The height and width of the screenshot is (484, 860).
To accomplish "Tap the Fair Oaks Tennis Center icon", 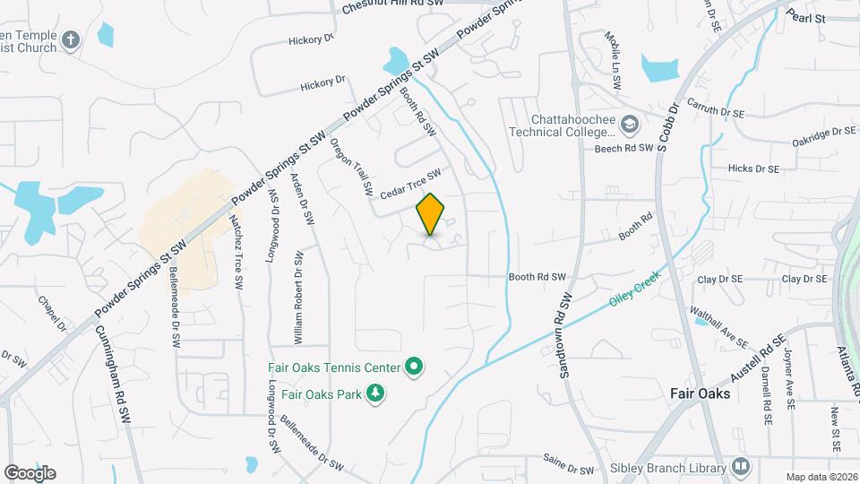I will (414, 367).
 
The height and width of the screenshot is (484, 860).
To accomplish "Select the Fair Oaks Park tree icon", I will (377, 393).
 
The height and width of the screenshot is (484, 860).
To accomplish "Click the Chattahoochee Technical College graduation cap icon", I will (630, 124).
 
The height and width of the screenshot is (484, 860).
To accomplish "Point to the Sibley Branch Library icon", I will (741, 466).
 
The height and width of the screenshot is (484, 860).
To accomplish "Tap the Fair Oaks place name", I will (701, 393).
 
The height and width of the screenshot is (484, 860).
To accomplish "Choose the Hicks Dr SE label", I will (753, 168).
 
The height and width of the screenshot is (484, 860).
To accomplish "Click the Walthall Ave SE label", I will (719, 327).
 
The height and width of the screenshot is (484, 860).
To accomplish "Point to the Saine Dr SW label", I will (569, 464).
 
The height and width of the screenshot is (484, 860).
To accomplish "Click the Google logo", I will (30, 472).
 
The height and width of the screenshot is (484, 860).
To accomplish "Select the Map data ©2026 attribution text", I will (821, 476).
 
